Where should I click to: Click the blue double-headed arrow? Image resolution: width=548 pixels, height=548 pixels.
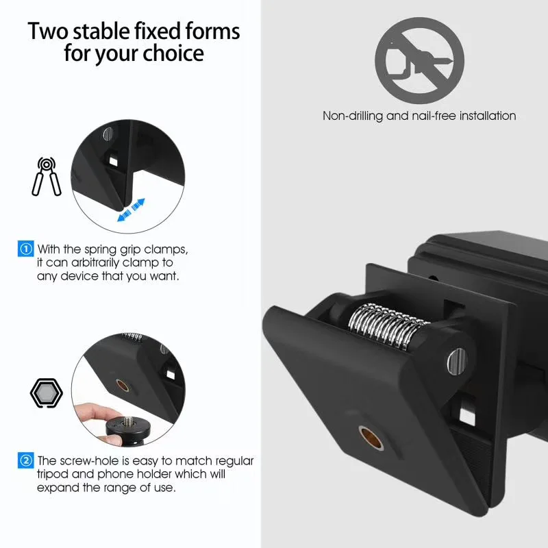tap(131, 210)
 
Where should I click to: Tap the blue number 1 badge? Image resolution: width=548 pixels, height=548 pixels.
tap(25, 249)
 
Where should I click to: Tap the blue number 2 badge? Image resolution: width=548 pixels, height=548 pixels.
tap(25, 460)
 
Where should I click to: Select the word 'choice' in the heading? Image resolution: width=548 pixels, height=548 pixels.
tap(172, 53)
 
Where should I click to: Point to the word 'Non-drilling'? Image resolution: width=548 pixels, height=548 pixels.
tap(353, 116)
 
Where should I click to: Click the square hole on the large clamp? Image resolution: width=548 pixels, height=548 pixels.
tap(470, 413)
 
